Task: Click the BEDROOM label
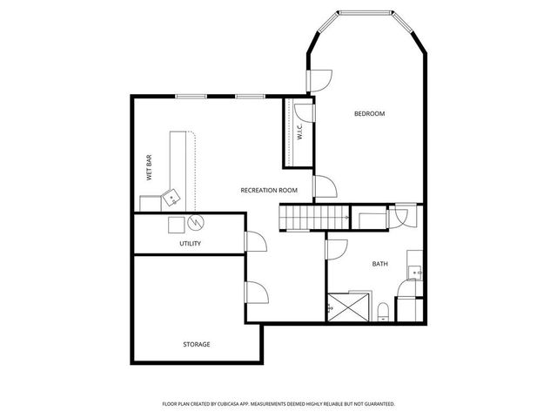pos(369,114)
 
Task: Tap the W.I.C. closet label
pos(299,132)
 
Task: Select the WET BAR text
pos(150,169)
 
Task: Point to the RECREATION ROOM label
pos(269,190)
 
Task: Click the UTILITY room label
pos(190,243)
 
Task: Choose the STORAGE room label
pos(196,344)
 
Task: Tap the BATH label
pos(380,263)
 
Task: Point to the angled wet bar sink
pos(171,197)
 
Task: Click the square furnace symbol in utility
pos(176,223)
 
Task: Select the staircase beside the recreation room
pos(302,217)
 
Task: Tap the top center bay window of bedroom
pos(366,13)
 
